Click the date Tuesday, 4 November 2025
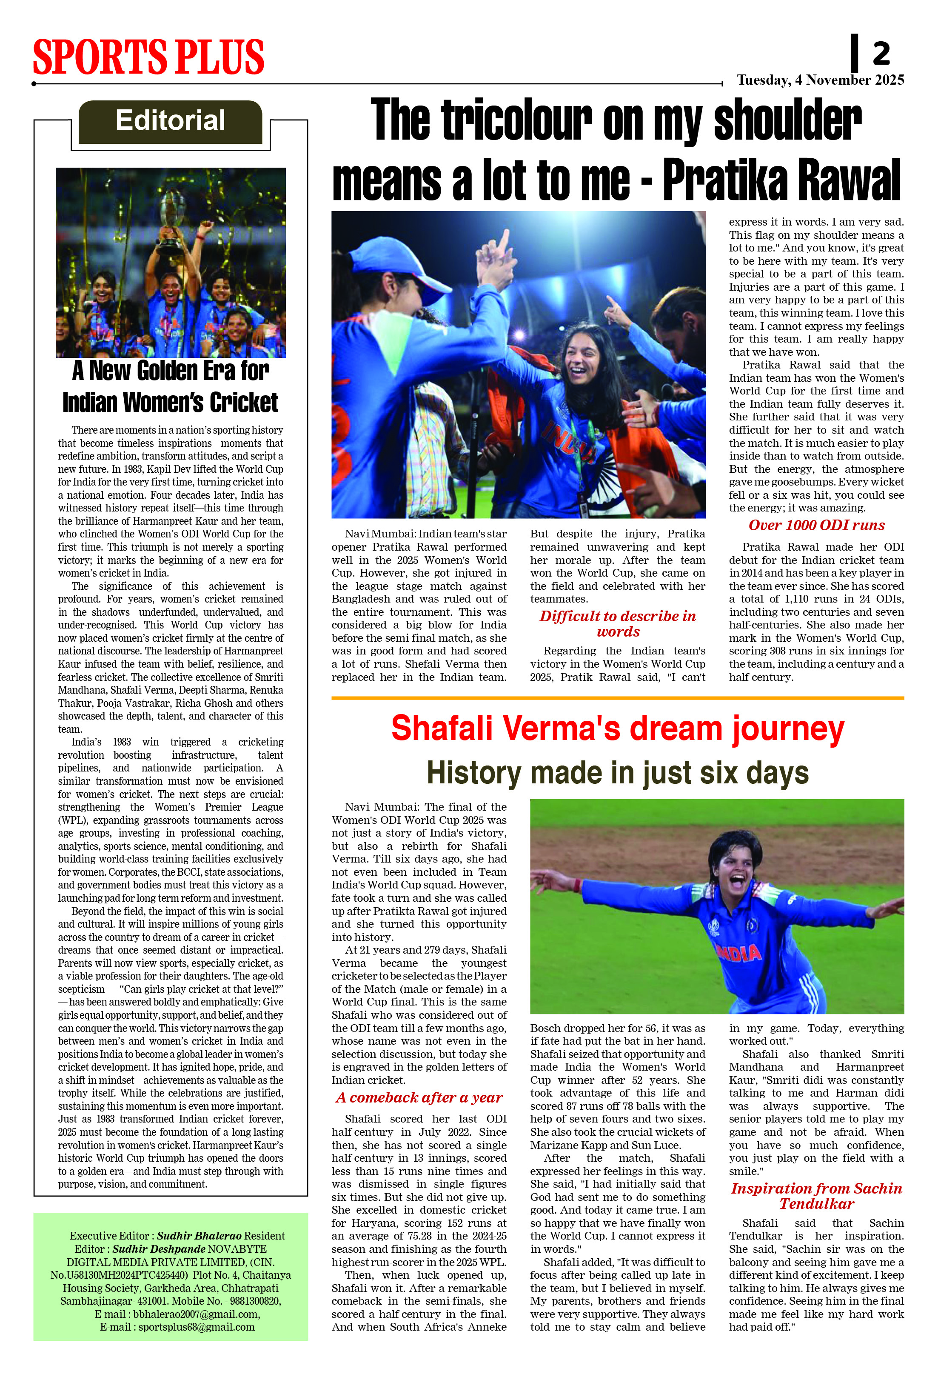[820, 80]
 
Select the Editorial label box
[170, 121]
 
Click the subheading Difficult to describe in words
[618, 624]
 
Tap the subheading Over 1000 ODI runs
[816, 525]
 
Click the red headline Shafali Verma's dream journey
[618, 728]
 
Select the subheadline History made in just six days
[618, 773]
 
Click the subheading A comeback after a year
[419, 1098]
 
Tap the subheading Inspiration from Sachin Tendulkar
[816, 1196]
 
